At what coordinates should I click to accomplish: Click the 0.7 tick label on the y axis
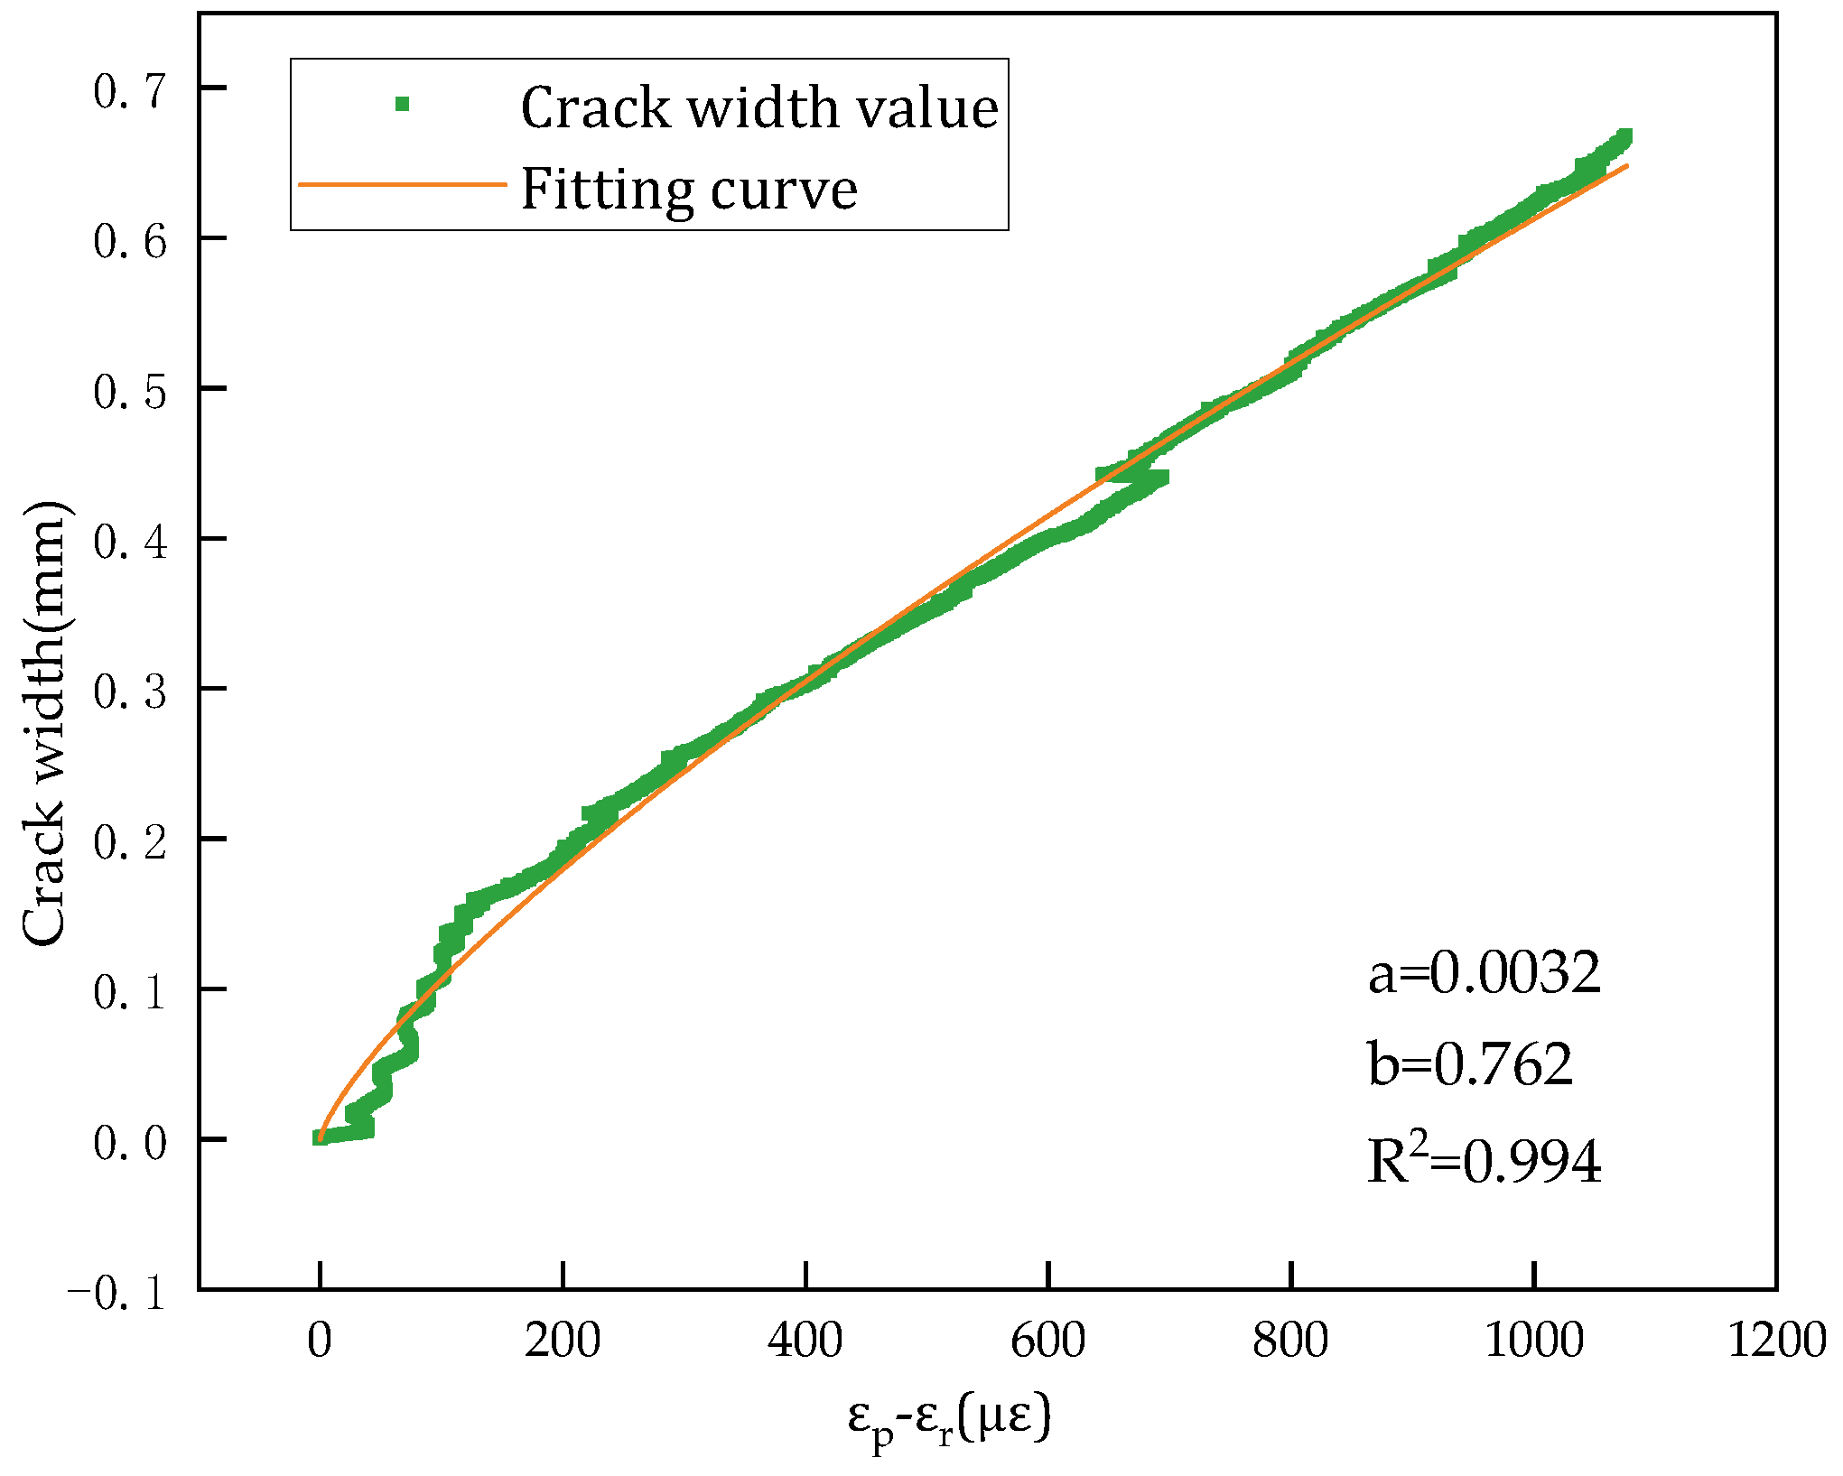[130, 91]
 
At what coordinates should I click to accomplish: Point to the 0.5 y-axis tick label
[130, 392]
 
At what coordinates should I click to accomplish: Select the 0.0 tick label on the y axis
[130, 1143]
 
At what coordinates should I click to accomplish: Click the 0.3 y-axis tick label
[130, 692]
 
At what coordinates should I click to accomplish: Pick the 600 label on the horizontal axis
[1047, 1340]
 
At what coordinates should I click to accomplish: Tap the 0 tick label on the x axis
[320, 1340]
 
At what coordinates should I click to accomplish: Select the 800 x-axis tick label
[1290, 1340]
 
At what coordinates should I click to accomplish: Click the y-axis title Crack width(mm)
[45, 722]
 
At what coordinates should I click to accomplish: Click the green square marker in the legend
[403, 105]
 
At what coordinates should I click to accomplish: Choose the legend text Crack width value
[759, 107]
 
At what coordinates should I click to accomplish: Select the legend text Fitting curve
[689, 189]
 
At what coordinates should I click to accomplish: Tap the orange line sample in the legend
[403, 184]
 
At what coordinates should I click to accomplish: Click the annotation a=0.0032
[1485, 973]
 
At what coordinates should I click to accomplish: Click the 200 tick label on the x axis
[562, 1340]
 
